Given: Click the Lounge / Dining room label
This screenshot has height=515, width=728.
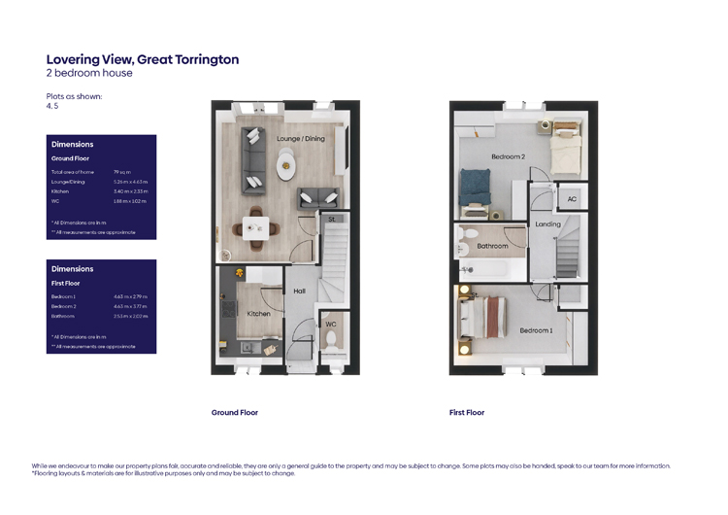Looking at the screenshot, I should (301, 139).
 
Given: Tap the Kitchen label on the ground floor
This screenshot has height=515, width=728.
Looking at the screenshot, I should (258, 314).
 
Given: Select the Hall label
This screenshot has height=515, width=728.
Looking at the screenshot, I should (299, 291).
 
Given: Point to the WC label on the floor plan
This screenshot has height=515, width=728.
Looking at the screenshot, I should (331, 324).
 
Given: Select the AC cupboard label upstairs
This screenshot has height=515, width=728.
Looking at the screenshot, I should (571, 199).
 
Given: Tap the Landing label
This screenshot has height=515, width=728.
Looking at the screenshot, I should (547, 224).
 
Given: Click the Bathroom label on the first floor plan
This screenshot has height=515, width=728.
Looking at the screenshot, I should (493, 246).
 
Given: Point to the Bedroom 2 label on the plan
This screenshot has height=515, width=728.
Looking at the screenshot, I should (508, 156).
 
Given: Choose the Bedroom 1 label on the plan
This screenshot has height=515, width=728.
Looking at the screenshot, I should (536, 330).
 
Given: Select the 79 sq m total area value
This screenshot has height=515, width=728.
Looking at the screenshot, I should (122, 172).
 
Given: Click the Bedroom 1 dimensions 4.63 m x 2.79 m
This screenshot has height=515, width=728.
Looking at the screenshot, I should (130, 296).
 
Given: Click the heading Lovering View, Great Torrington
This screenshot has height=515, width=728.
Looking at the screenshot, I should (142, 59).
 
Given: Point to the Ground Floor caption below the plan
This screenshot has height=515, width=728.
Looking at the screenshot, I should (235, 412).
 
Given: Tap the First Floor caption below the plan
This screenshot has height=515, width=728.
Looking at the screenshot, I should (466, 412).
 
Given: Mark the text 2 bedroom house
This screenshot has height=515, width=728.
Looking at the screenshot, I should (89, 73).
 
